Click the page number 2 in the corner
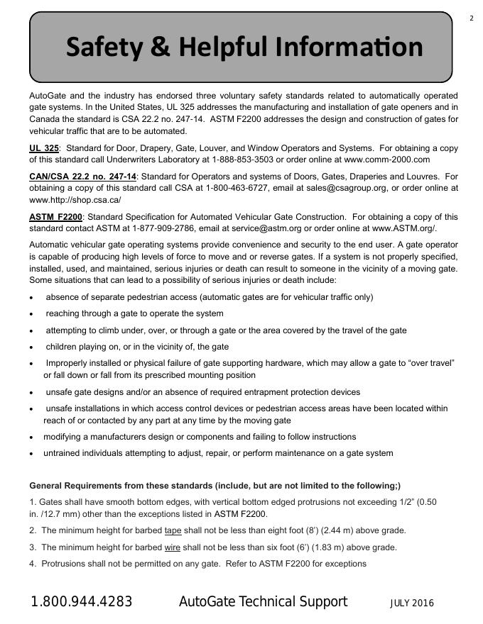(472, 18)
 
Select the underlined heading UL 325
(43, 148)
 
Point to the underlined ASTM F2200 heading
(56, 216)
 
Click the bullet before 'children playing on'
(32, 347)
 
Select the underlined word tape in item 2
(173, 530)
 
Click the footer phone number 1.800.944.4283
(81, 602)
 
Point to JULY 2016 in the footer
(412, 603)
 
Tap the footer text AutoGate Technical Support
(263, 602)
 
